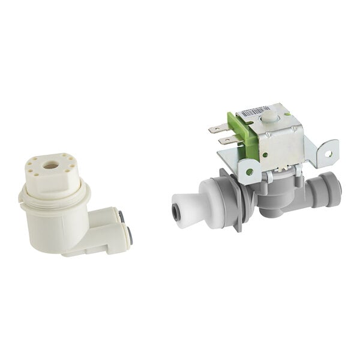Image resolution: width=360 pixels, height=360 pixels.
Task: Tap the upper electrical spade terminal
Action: pos(217,128)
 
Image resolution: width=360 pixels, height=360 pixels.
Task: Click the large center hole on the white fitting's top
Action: pos(52,164)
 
